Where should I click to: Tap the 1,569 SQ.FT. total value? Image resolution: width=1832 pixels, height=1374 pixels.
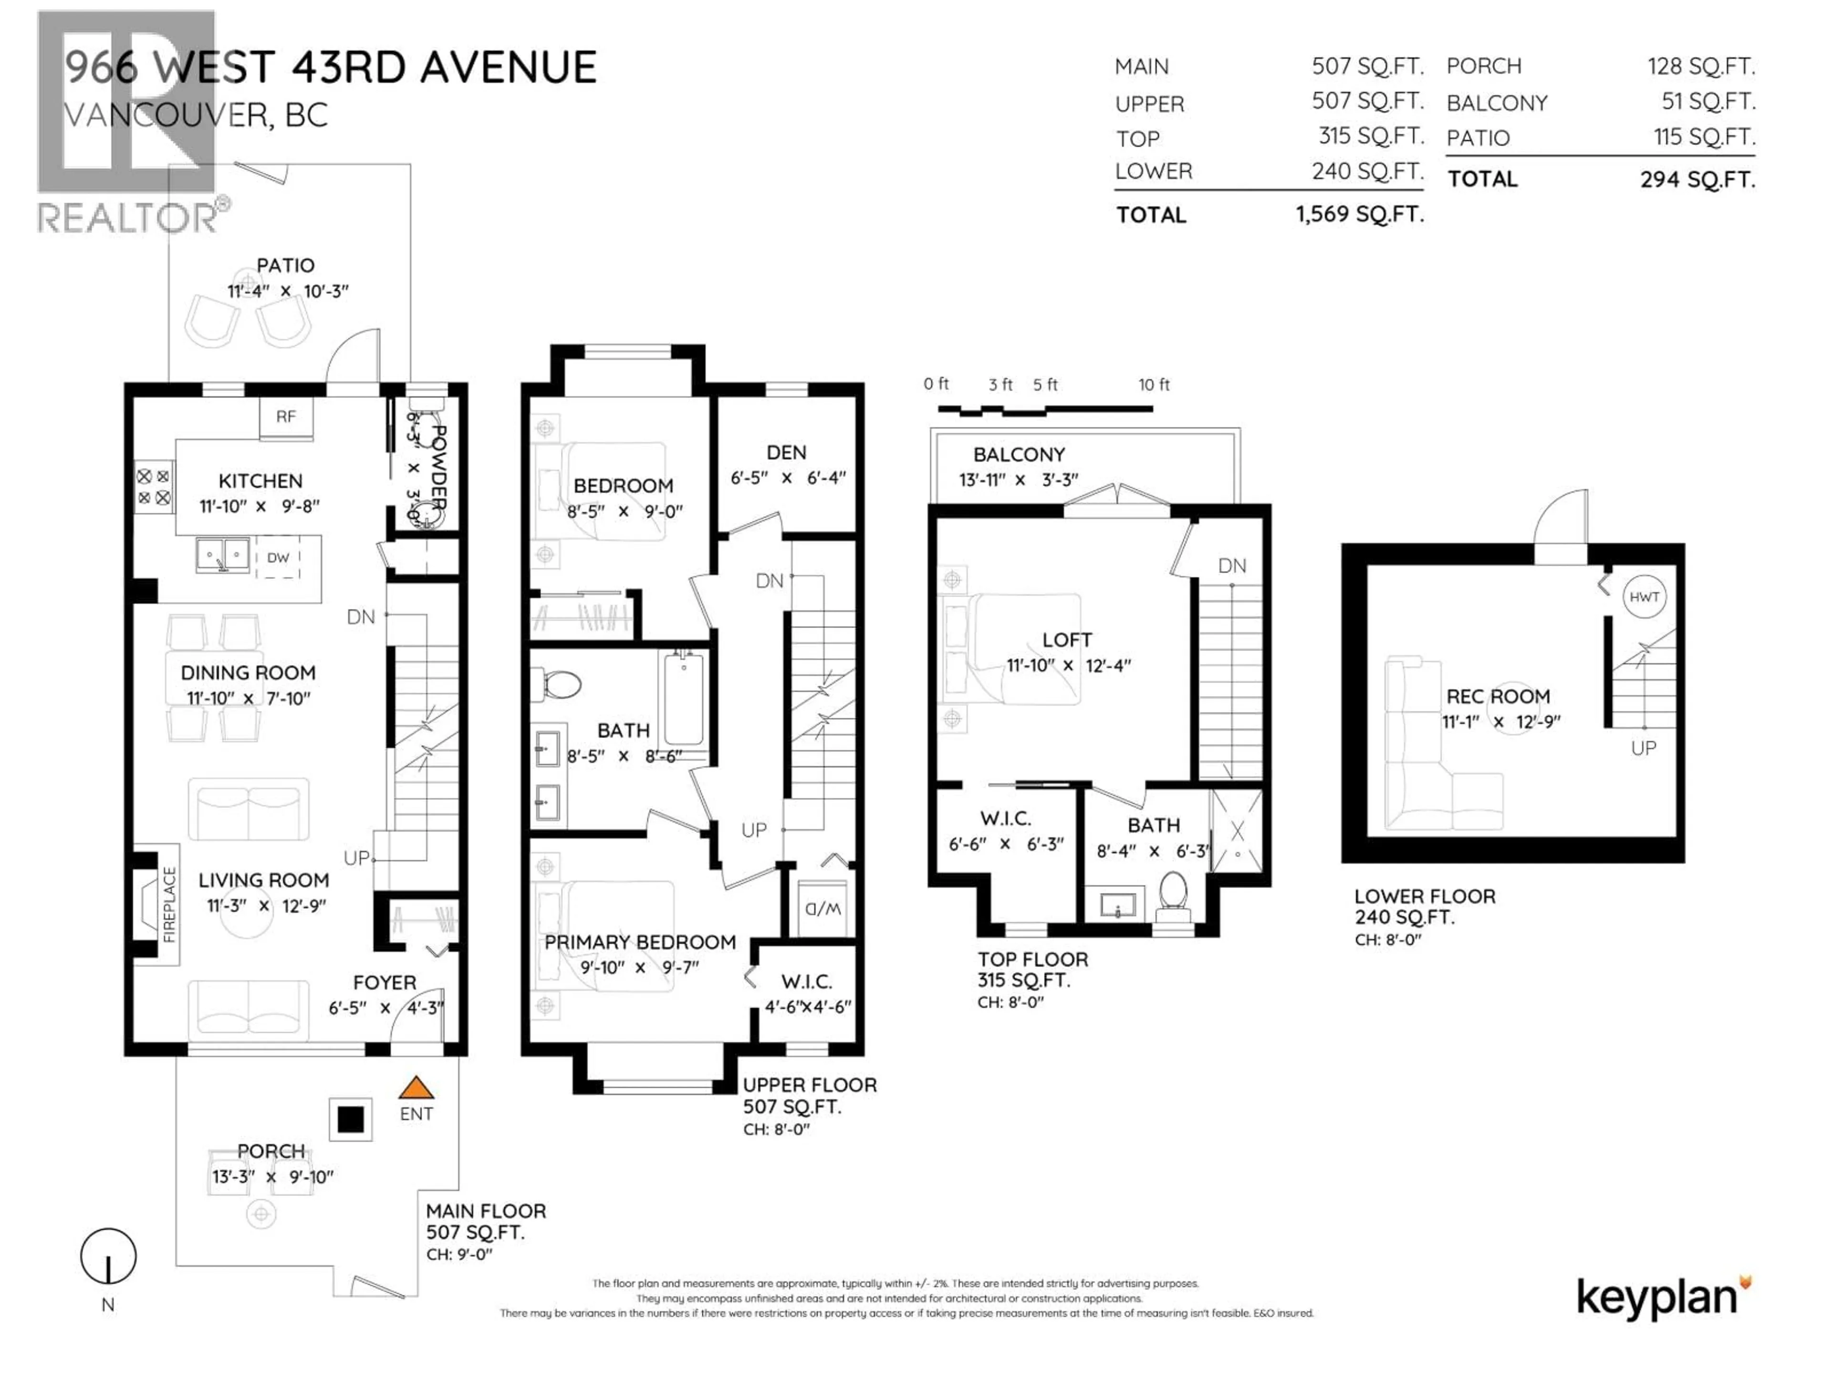(x=1359, y=215)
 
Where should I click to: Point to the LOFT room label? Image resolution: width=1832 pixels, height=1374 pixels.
(x=1067, y=640)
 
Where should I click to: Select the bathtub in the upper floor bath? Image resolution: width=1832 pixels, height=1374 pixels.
(x=683, y=698)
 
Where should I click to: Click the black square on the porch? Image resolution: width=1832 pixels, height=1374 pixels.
(x=350, y=1120)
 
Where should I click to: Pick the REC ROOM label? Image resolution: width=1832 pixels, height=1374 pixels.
(x=1498, y=697)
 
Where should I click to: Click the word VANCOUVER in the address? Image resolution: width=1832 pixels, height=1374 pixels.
(x=164, y=115)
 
